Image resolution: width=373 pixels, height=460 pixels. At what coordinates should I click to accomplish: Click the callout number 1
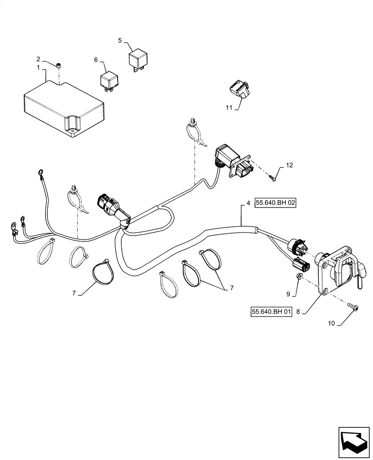click(x=39, y=68)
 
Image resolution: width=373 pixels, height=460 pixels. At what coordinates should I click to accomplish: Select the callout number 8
click(x=298, y=312)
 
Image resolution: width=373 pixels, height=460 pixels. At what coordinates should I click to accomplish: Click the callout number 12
click(x=288, y=165)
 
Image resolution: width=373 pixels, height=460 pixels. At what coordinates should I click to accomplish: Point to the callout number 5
click(x=120, y=40)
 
